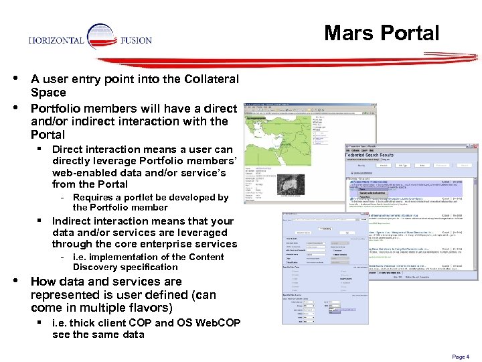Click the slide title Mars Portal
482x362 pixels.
382,33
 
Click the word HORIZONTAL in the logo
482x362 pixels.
56,40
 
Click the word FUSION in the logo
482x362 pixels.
136,40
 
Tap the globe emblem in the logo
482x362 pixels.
102,39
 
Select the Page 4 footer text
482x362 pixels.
460,357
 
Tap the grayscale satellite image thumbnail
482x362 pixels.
291,183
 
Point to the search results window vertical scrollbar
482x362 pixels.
476,221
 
